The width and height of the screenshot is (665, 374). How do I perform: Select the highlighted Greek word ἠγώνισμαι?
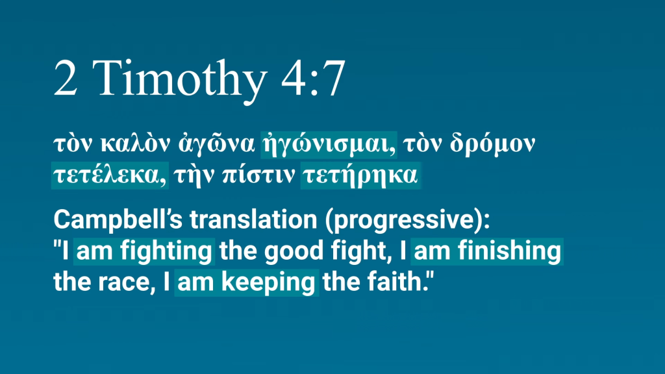coord(329,144)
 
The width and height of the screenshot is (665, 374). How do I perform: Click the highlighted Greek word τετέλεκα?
coord(110,175)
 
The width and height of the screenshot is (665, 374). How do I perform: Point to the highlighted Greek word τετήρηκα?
coord(360,175)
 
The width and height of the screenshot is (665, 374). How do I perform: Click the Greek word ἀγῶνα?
coord(216,144)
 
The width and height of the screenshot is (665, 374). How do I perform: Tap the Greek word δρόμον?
coord(492,143)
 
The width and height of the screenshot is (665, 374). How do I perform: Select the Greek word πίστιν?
coord(258,175)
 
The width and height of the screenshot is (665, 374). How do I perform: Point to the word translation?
coord(253,219)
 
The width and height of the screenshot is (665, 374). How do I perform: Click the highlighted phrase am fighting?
coord(144,251)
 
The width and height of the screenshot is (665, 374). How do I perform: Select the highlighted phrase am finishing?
coord(487,251)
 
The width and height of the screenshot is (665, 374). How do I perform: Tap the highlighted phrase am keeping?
coord(246,282)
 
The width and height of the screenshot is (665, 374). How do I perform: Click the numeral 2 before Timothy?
coord(66,79)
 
